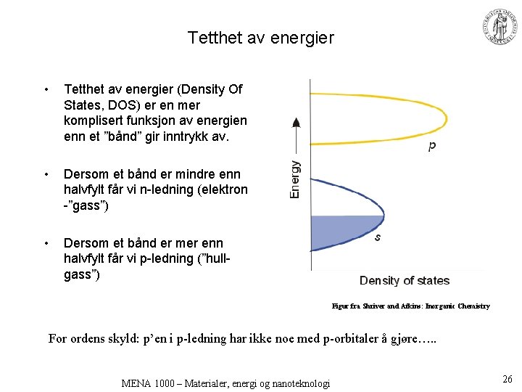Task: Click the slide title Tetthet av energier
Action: [261, 37]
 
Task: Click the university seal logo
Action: [500, 28]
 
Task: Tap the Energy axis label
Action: [296, 179]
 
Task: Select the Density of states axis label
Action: [405, 281]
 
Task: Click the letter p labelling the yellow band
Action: [431, 146]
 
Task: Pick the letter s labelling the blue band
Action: [378, 237]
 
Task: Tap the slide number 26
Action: [507, 378]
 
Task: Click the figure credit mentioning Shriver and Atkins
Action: [410, 306]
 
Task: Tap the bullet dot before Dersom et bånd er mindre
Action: [46, 175]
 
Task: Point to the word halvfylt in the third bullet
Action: [87, 259]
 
